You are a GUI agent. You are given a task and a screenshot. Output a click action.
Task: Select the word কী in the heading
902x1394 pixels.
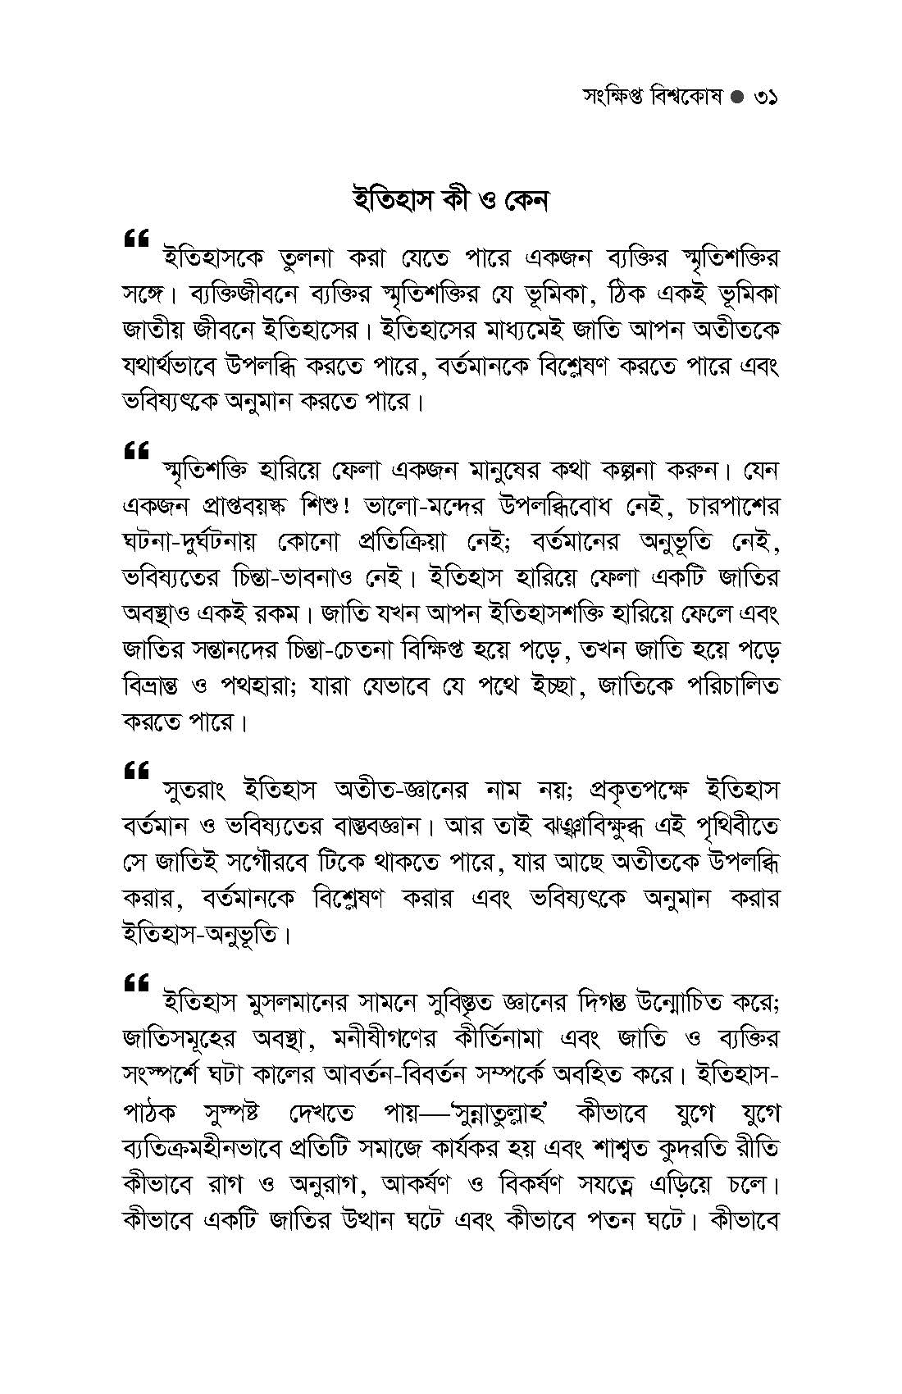[x=444, y=200]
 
